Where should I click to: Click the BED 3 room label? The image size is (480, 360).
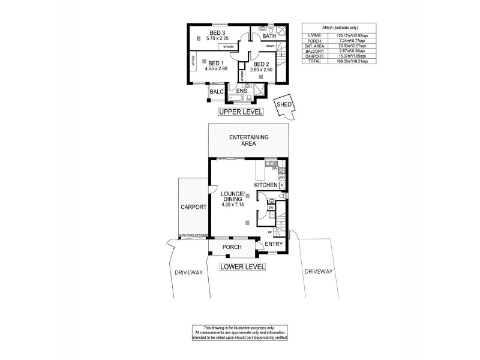[x=217, y=32]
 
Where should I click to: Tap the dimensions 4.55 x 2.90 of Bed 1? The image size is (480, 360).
[x=214, y=69]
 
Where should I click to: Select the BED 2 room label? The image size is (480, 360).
[x=262, y=64]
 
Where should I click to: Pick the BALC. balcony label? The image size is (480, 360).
[x=217, y=92]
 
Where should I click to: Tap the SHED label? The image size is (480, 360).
[x=284, y=105]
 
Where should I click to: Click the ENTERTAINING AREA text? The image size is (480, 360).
[x=248, y=141]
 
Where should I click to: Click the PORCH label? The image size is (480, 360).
[x=232, y=247]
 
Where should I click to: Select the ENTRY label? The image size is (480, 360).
[x=274, y=244]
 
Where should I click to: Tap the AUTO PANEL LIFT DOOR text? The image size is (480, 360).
[x=193, y=235]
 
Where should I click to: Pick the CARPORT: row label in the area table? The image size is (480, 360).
[x=314, y=56]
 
